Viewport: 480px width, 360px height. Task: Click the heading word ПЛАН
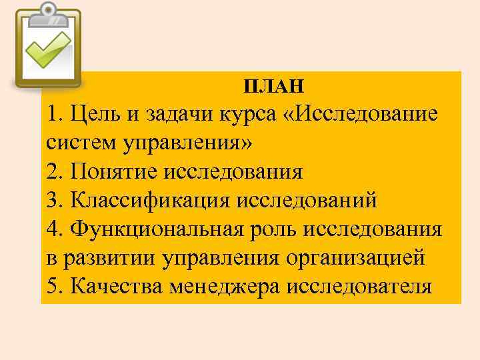(274, 85)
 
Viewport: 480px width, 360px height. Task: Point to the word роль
(277, 229)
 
